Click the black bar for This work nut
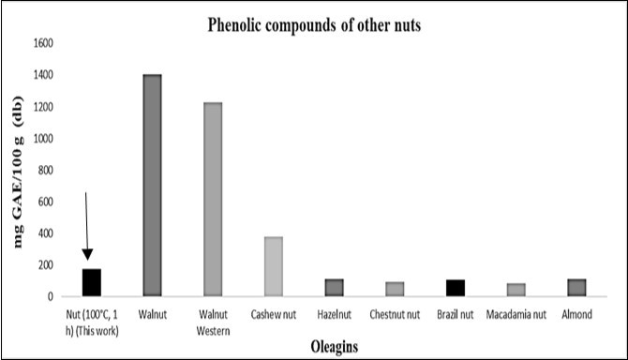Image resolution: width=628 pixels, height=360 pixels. [92, 282]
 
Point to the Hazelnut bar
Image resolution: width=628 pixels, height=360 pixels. [334, 288]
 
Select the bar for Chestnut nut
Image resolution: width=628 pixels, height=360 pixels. [395, 289]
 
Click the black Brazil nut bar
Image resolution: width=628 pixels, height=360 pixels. [455, 288]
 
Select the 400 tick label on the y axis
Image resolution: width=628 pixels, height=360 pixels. [46, 233]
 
